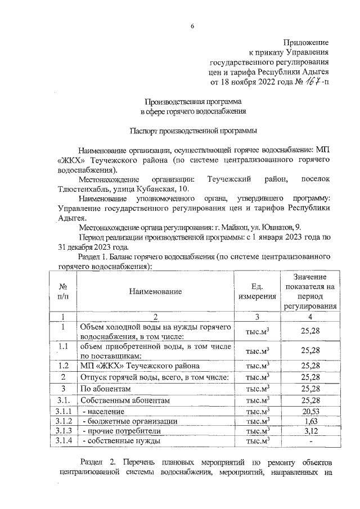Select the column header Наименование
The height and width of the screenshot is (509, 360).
[x=155, y=291]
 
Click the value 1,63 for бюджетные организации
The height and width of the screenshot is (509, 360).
[x=310, y=421]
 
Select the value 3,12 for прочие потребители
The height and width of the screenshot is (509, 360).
[x=310, y=431]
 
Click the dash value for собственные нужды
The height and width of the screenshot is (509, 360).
[x=310, y=441]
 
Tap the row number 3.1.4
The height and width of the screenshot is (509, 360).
[x=64, y=440]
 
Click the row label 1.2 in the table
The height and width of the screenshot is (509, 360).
[x=64, y=366]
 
